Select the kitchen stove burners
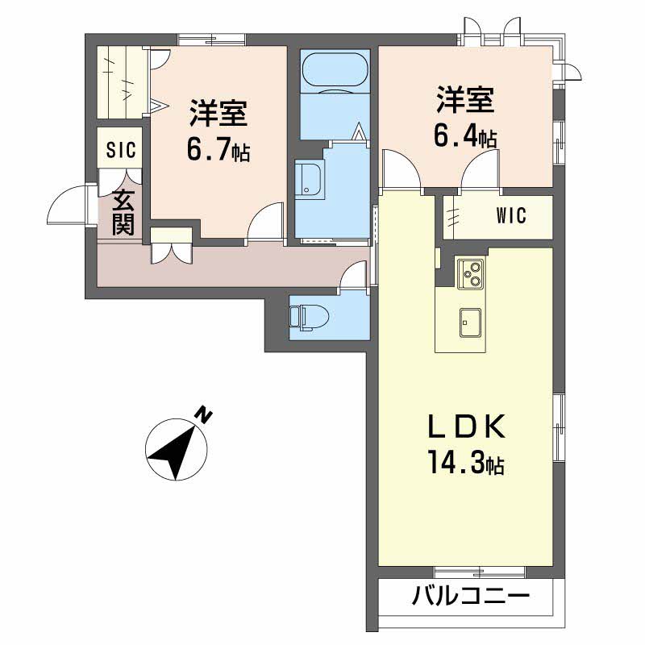click(x=471, y=273)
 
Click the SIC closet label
click(x=121, y=149)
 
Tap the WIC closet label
click(x=511, y=215)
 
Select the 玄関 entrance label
click(x=123, y=212)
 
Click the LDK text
click(x=467, y=427)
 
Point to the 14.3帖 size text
click(x=467, y=462)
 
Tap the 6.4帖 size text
click(x=465, y=135)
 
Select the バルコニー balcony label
click(x=471, y=596)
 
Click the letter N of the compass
click(x=203, y=415)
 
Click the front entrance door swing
click(x=68, y=205)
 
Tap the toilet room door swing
click(x=352, y=276)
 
